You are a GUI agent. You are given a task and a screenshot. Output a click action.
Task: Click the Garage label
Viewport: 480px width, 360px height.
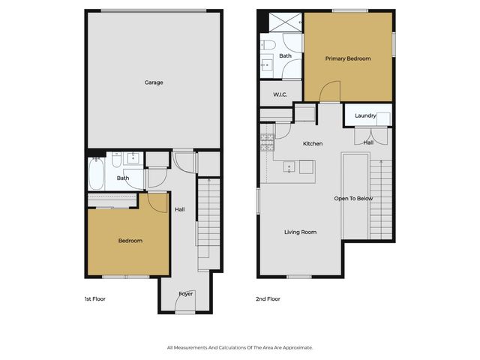point(154,82)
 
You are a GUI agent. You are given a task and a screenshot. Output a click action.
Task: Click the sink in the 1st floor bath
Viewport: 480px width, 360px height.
point(134,157)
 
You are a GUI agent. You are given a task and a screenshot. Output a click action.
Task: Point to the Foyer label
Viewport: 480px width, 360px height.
point(185,293)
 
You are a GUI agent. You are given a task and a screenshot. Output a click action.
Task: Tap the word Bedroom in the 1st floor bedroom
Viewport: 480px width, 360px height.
point(130,241)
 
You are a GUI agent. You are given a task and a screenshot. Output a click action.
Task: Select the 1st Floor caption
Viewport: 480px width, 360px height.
point(95,298)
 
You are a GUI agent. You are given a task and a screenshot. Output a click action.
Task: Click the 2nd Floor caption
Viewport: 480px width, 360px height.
point(268,298)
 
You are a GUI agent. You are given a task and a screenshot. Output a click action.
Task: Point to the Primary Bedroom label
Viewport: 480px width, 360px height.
point(348,58)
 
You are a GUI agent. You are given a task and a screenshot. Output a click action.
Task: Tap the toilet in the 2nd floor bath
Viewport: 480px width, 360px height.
point(268,46)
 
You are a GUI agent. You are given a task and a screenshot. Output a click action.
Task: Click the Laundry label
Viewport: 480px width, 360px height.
point(365,115)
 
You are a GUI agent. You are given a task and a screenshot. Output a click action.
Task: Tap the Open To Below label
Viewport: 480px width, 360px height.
point(353,199)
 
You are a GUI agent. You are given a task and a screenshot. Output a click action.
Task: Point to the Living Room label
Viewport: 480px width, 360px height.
point(300,232)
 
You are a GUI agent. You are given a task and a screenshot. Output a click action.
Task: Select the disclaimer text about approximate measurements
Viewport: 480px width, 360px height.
point(239,347)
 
